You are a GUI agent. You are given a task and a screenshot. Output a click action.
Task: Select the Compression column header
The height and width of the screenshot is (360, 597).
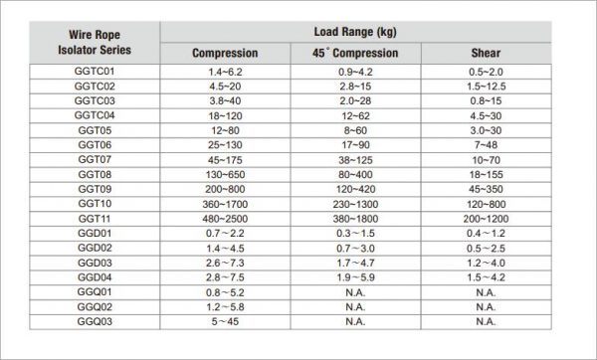[x=225, y=53]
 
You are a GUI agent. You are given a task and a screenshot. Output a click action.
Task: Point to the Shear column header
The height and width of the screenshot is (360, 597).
[x=486, y=53]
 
